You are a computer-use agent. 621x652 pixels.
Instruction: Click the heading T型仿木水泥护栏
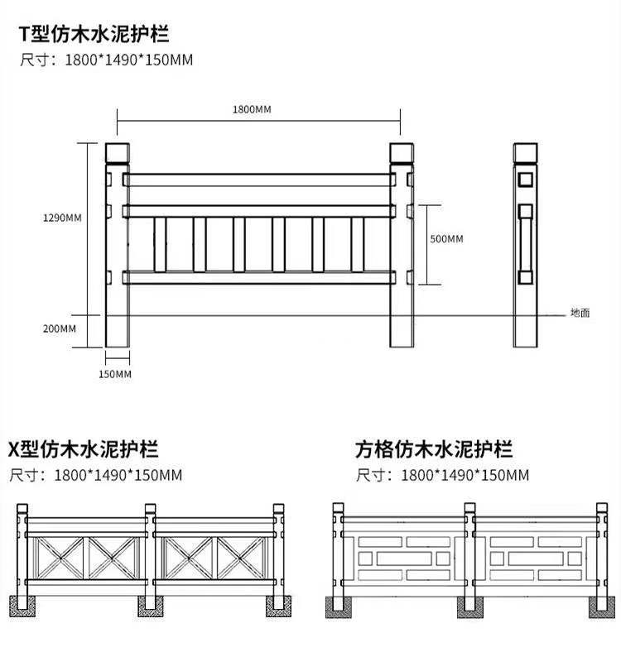pyautogui.click(x=94, y=36)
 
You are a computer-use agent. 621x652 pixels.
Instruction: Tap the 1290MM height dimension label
pyautogui.click(x=62, y=218)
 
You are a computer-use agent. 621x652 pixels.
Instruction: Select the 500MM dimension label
pyautogui.click(x=447, y=239)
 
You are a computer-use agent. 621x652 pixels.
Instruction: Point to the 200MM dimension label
pyautogui.click(x=60, y=328)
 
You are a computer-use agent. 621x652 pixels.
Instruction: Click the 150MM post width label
pyautogui.click(x=116, y=374)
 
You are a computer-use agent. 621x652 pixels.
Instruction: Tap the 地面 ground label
pyautogui.click(x=580, y=314)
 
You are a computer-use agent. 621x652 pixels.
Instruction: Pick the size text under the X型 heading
pyautogui.click(x=95, y=475)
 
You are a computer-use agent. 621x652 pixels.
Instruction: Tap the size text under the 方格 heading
pyautogui.click(x=442, y=475)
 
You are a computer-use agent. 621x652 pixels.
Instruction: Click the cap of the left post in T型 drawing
pyautogui.click(x=117, y=152)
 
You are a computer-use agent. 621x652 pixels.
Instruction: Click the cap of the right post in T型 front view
pyautogui.click(x=402, y=152)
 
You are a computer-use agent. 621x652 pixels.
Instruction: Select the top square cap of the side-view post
pyautogui.click(x=525, y=152)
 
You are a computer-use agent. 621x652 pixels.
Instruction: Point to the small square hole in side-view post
pyautogui.click(x=525, y=178)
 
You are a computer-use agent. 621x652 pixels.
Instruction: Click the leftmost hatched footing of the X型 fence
pyautogui.click(x=22, y=605)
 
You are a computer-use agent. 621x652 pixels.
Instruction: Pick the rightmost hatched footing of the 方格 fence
pyautogui.click(x=599, y=606)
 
